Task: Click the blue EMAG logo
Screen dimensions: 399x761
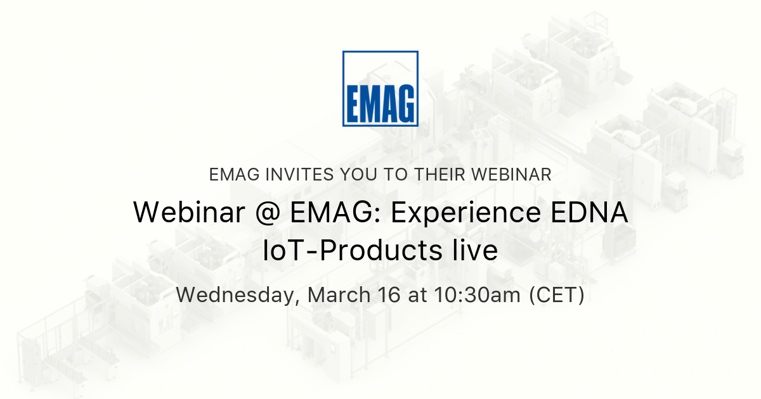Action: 380,89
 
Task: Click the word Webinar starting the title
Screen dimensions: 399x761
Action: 188,213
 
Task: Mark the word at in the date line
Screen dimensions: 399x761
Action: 419,295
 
